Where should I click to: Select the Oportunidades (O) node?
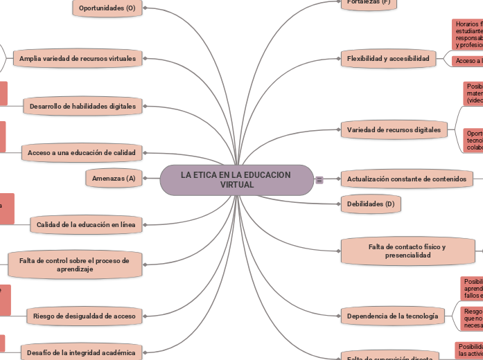107,8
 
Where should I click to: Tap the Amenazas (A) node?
114,179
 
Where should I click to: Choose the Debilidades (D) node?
371,204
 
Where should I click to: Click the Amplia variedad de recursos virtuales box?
78,59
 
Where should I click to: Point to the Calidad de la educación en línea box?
86,224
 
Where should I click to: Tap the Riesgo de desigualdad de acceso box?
85,316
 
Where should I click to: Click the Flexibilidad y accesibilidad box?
388,59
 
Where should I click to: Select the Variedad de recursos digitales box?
392,129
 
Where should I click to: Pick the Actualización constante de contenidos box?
406,179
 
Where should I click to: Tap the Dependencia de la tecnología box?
392,316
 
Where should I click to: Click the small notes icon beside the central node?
319,180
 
